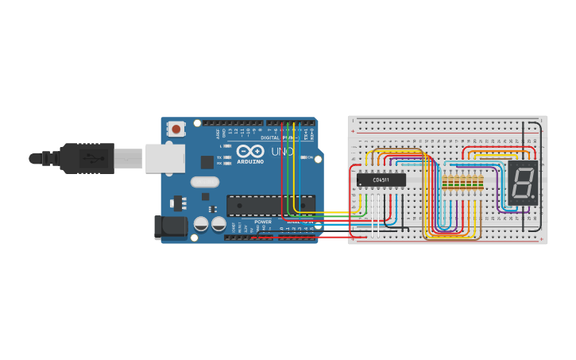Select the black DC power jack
(170, 227)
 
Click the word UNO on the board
(283, 151)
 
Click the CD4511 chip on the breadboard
(381, 180)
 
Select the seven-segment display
(523, 182)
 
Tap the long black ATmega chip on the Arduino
(270, 205)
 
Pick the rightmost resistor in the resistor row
(481, 184)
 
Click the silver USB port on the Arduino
(164, 158)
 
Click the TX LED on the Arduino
(227, 157)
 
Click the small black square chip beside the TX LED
(207, 161)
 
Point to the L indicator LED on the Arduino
(227, 146)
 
